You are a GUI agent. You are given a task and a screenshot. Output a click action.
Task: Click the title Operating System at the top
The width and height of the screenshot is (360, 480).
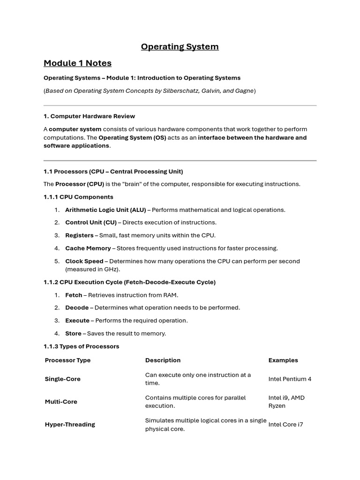click(x=180, y=46)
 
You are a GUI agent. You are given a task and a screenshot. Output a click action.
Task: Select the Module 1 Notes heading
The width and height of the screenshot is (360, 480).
click(x=77, y=63)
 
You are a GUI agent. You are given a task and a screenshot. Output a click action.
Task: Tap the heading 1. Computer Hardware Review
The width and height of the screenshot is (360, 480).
click(x=89, y=116)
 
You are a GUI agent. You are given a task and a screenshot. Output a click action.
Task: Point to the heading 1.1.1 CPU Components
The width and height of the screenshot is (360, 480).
click(x=78, y=197)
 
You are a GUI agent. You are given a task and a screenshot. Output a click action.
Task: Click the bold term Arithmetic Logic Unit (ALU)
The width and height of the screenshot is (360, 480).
click(x=105, y=210)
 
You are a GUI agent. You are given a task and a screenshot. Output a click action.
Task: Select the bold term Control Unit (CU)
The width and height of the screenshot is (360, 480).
click(x=90, y=223)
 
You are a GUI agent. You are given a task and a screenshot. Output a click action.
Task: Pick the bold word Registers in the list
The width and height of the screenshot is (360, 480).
click(x=79, y=235)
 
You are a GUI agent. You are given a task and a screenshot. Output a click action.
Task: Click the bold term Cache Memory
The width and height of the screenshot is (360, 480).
click(x=88, y=248)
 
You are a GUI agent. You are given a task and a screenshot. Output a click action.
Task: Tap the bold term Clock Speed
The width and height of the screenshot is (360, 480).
click(x=84, y=261)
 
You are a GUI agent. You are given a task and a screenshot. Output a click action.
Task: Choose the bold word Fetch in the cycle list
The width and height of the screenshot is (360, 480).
click(x=74, y=295)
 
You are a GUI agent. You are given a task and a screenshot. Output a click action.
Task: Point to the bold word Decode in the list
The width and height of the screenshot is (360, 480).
click(x=77, y=307)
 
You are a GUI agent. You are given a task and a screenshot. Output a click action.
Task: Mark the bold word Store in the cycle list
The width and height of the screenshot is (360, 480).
click(x=73, y=333)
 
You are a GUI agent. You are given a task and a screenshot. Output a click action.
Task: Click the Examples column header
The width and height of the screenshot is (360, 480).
click(x=283, y=360)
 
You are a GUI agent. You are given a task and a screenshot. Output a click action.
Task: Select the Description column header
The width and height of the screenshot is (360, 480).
click(x=163, y=360)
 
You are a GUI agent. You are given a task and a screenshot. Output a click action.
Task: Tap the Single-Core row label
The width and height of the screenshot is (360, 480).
click(x=63, y=379)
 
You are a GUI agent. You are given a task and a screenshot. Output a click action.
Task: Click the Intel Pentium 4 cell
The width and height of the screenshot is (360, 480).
click(x=290, y=379)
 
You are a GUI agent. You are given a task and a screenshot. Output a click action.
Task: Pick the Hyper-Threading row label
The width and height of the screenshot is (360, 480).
click(x=70, y=424)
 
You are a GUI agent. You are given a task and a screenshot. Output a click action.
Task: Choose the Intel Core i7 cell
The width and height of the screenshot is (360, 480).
click(x=285, y=424)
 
